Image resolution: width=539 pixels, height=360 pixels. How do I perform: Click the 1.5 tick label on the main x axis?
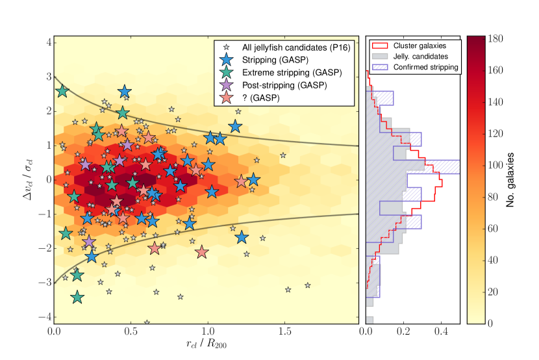point(283,333)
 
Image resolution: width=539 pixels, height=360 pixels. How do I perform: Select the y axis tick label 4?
point(47,42)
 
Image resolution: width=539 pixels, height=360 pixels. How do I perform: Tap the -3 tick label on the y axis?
point(44,283)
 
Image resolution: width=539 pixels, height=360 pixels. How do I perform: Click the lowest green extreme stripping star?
point(78,297)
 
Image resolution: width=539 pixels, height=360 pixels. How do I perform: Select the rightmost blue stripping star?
point(253,180)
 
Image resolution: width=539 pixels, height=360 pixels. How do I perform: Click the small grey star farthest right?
point(308,285)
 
